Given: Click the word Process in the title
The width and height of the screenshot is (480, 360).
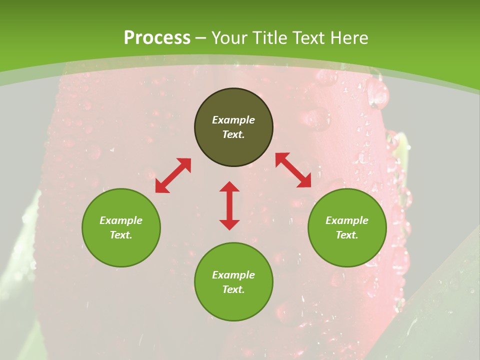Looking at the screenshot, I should (x=157, y=38).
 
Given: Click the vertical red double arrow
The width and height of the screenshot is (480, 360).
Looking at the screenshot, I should (x=229, y=206).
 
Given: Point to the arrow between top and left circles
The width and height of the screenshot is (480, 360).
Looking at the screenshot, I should (x=173, y=175).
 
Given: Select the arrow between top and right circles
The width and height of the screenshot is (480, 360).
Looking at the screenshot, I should (x=293, y=170).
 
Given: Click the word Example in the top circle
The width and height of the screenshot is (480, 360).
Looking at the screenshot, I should (x=233, y=120).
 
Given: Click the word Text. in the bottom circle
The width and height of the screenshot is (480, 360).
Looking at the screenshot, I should (x=233, y=289).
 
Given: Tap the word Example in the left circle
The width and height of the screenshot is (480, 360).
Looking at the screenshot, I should (x=121, y=220).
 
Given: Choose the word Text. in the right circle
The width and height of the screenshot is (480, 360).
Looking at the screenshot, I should (x=347, y=235).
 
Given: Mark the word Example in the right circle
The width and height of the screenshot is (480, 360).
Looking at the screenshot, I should (x=347, y=220).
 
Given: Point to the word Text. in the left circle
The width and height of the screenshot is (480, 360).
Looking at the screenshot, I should (x=121, y=235).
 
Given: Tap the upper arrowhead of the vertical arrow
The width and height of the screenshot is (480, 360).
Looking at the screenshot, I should (x=229, y=186).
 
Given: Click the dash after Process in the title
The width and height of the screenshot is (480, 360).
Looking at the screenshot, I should (x=201, y=38).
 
